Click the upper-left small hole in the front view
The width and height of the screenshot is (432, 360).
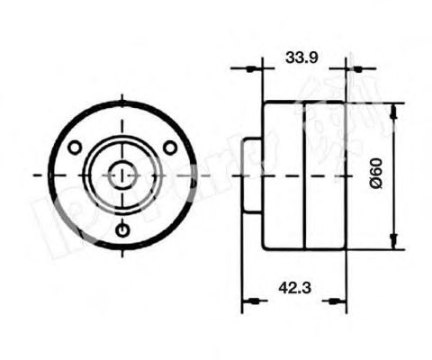76,147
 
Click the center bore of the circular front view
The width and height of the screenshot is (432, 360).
122,175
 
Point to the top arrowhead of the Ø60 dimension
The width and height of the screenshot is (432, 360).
394,106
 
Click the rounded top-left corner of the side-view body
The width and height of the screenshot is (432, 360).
265,103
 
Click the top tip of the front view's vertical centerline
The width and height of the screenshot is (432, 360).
122,92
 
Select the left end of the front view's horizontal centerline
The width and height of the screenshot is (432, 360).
34,175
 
